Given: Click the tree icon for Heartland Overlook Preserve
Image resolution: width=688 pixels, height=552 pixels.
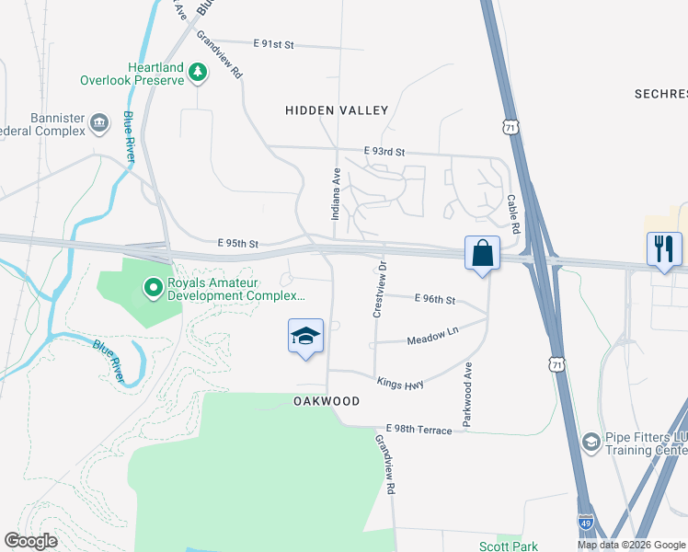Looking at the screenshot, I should [x=197, y=72].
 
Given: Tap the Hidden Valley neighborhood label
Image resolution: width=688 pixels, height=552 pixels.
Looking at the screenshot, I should [x=337, y=110].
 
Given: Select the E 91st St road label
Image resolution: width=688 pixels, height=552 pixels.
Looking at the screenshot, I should [x=272, y=43].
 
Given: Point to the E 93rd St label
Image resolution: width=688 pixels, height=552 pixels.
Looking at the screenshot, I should [x=384, y=152].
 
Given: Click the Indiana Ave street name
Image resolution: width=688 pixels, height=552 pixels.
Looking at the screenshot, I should [x=336, y=191].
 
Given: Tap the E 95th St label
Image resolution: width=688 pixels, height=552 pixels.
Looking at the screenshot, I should [x=238, y=243].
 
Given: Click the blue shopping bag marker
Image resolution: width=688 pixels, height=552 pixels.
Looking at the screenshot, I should [x=482, y=253].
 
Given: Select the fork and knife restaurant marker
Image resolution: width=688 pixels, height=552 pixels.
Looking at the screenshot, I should [x=664, y=248].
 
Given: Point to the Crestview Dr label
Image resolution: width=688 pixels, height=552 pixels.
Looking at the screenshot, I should [x=377, y=289].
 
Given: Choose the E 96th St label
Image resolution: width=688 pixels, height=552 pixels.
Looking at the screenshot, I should [x=435, y=300].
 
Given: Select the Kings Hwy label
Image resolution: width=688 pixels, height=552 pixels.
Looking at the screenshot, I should [x=399, y=383].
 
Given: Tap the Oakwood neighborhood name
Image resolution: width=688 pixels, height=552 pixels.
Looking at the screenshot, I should [x=326, y=402].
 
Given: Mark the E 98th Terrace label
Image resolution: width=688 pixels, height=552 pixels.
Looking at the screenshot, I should [x=419, y=431].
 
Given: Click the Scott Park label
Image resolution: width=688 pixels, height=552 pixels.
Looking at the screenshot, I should [x=508, y=546].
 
